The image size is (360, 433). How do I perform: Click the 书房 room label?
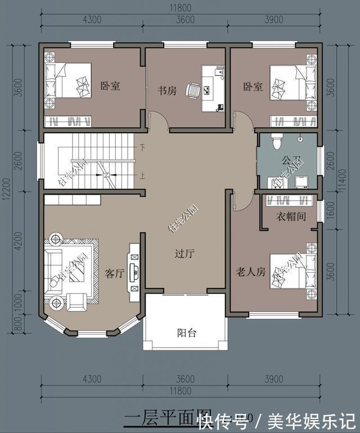coord(166,90)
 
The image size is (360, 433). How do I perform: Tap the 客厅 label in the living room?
coord(115,273)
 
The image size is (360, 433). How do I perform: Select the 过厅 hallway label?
coord(184,254)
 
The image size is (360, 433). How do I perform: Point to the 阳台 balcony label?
coord(187,332)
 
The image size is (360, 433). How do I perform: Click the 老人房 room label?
coord(250,272)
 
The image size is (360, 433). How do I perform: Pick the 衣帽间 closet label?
coord(290,216)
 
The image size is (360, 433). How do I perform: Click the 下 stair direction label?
coord(143,148)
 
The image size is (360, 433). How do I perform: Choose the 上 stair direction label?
coord(143,175)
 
